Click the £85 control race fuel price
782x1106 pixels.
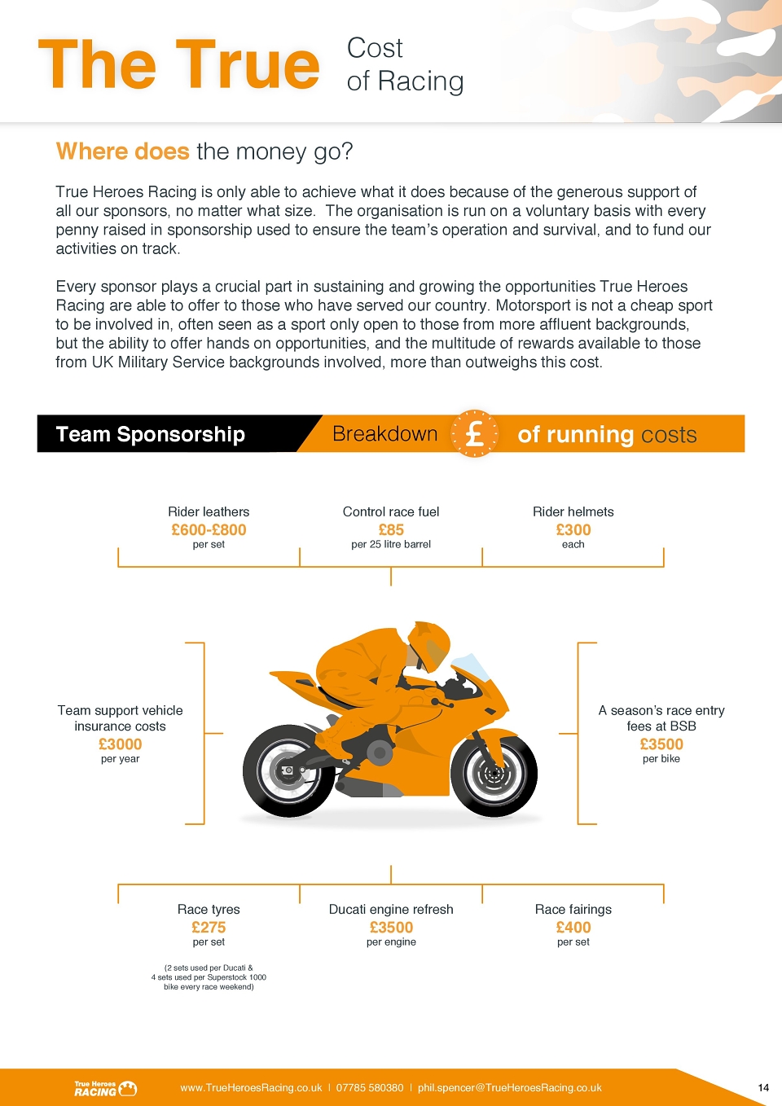391,530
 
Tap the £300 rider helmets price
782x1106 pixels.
573,530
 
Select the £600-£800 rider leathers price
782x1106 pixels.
209,530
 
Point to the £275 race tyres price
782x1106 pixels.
209,928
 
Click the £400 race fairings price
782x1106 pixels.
573,928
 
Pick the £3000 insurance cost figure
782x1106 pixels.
120,744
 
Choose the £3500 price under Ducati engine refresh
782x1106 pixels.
391,928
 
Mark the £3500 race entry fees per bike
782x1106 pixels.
661,744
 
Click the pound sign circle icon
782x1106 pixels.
474,433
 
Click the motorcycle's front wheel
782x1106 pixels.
494,773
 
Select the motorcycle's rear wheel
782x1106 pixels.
288,770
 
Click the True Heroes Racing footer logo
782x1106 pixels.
106,1088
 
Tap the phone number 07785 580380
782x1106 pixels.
370,1088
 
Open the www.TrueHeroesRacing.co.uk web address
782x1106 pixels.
251,1088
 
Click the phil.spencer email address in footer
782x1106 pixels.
509,1088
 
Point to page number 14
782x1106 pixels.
763,1088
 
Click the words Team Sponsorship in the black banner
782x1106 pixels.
151,434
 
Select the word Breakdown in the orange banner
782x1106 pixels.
384,433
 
